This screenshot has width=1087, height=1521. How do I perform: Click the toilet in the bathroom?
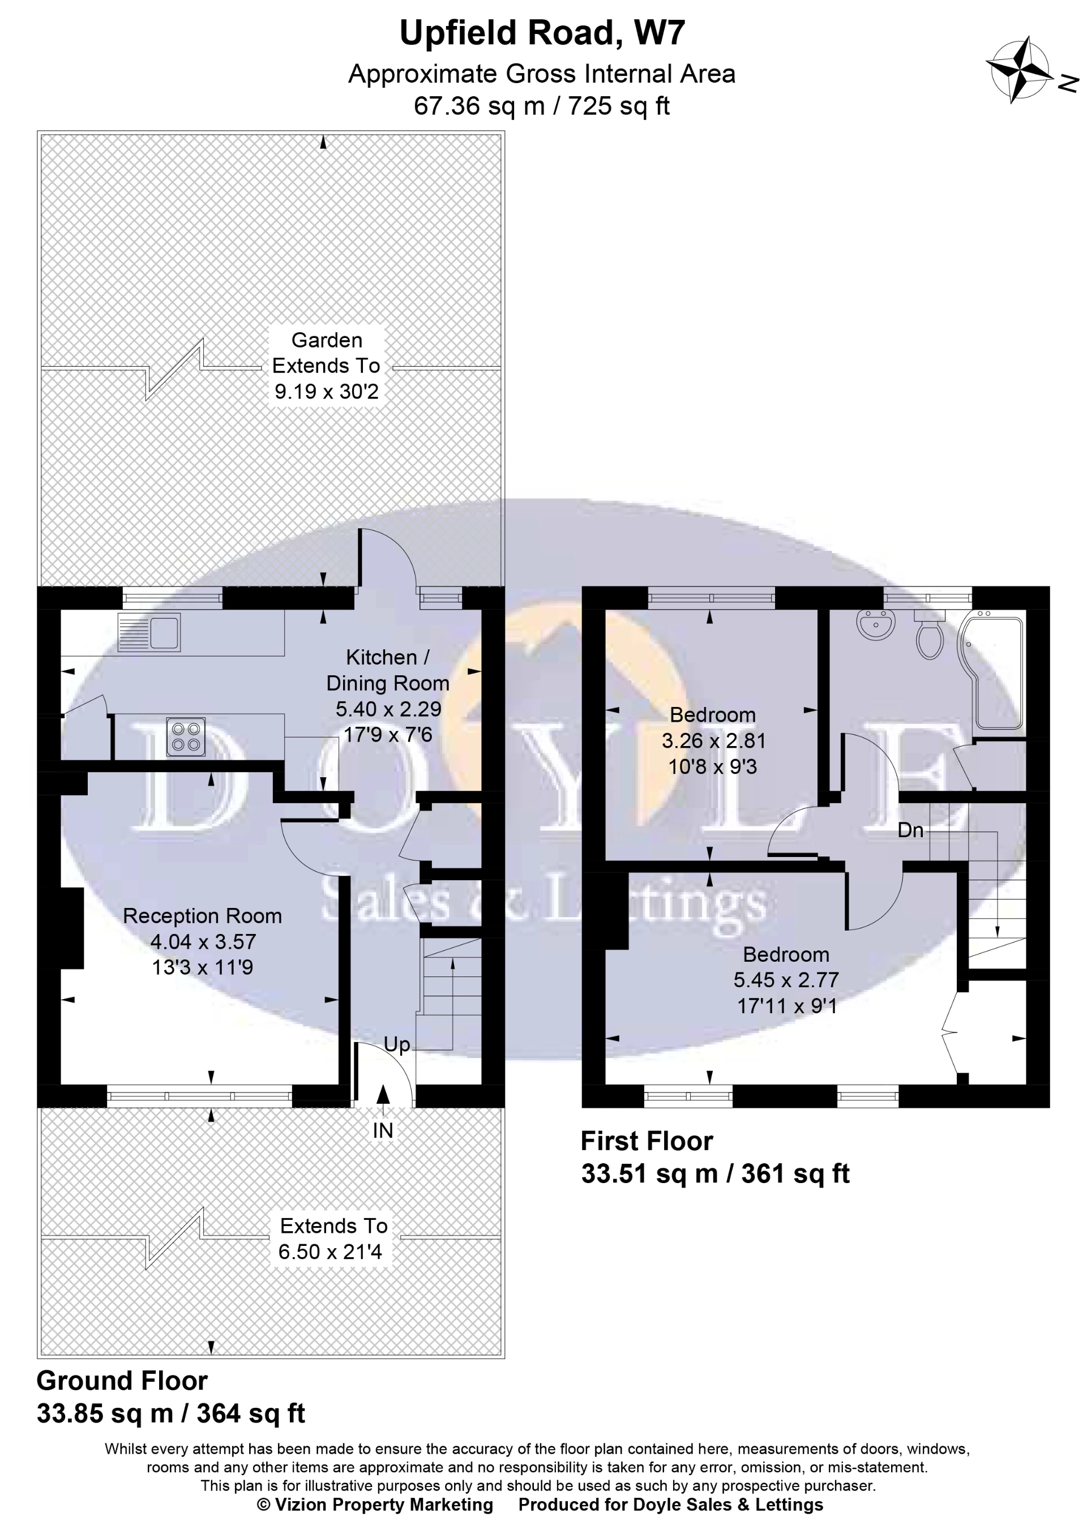(929, 636)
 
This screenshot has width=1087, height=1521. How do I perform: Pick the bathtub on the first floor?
(996, 672)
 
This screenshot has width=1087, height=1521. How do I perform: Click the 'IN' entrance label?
(383, 1130)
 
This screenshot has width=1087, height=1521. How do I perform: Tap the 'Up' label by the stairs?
(396, 1044)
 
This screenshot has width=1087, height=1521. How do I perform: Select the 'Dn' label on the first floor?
(910, 830)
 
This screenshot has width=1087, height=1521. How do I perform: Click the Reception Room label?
(202, 916)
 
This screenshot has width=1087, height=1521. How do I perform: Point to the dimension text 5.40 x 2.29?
(388, 709)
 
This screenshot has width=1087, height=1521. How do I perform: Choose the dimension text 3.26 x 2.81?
(713, 741)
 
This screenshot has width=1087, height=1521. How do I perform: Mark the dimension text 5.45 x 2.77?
(786, 980)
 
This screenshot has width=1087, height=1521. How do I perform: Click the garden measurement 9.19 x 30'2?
(327, 392)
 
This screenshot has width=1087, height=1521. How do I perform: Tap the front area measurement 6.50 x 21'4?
(330, 1252)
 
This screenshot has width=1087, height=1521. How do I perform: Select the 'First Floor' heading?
(647, 1141)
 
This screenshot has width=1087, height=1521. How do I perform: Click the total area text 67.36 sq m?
(478, 106)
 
